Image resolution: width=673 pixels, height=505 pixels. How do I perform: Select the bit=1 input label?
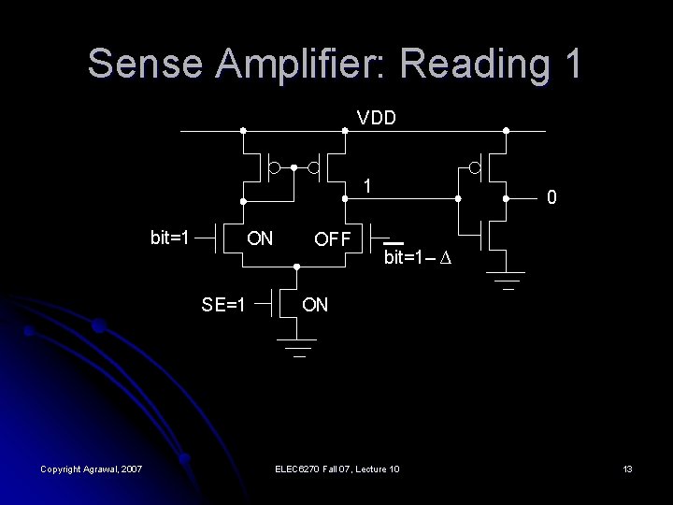[x=169, y=237]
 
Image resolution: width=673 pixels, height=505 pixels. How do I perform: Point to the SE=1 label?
[x=223, y=303]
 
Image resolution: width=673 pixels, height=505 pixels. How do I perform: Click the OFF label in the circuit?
[x=332, y=238]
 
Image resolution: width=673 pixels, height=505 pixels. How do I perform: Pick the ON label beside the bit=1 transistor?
[x=259, y=238]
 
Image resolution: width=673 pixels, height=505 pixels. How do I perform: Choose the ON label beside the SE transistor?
[x=314, y=304]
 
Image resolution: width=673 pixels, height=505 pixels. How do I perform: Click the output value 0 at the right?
[x=553, y=198]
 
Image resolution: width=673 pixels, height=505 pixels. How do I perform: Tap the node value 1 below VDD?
[x=369, y=186]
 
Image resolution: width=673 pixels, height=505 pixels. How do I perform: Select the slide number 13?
[x=627, y=468]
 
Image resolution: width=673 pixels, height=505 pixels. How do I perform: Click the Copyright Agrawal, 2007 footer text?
[x=91, y=468]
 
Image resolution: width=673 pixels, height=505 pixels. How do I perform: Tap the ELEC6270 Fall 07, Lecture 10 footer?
[x=337, y=468]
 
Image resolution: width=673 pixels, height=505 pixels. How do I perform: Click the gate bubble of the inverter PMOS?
[x=475, y=168]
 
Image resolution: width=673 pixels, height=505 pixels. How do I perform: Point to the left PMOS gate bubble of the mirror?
[x=274, y=168]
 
